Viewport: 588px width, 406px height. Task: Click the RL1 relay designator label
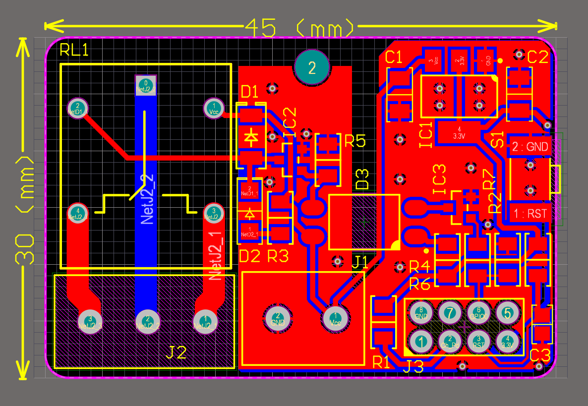tap(74, 50)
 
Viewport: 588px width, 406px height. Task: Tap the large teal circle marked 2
tap(311, 67)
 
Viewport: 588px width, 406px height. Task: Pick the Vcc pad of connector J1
tap(336, 317)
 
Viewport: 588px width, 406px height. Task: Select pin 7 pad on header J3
tap(450, 313)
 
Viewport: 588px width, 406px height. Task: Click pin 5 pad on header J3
tap(507, 313)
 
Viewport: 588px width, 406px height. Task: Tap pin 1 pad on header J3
tap(421, 341)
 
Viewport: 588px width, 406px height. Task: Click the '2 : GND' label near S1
tap(530, 147)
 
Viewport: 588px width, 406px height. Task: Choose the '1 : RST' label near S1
tap(530, 214)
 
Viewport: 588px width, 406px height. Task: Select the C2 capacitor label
tap(538, 58)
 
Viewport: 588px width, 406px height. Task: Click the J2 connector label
tap(176, 353)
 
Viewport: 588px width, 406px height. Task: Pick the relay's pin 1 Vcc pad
tap(214, 108)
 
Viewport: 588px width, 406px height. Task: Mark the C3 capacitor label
tap(540, 355)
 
